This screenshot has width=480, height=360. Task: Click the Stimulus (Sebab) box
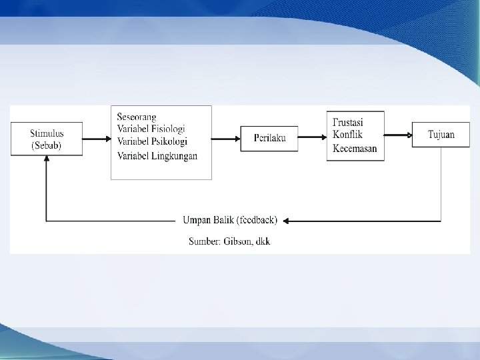tap(46, 139)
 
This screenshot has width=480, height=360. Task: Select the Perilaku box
tap(270, 138)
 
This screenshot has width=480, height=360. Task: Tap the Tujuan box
tap(441, 135)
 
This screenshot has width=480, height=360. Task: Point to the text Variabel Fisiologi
tap(151, 129)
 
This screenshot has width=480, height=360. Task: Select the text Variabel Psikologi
tap(151, 141)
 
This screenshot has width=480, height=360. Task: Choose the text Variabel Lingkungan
tap(157, 156)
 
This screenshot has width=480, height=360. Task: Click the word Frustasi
tap(348, 123)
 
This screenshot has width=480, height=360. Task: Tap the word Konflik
tap(347, 135)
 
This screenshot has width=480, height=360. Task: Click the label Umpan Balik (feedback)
tap(230, 221)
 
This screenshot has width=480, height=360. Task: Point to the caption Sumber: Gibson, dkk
tap(229, 241)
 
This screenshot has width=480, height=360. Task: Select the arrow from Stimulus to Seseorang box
tap(96, 139)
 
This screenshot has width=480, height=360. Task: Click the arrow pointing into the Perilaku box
tap(227, 139)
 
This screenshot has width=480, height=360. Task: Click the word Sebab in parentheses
tap(47, 145)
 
